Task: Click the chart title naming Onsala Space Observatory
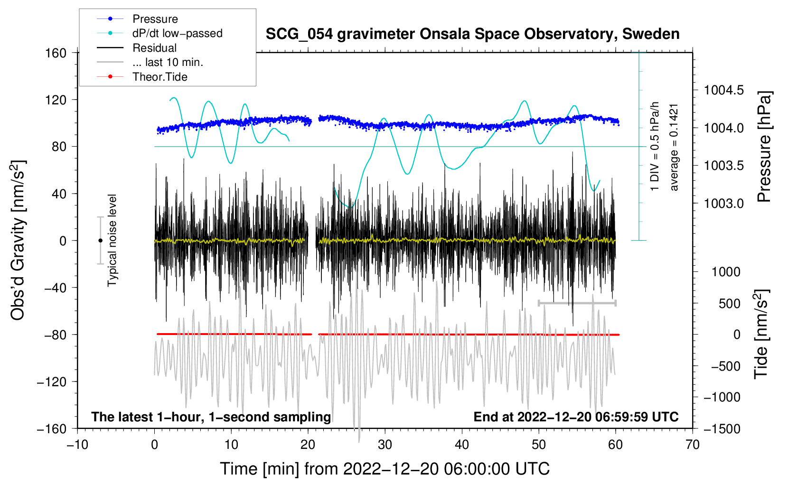472,34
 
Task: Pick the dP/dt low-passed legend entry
177,33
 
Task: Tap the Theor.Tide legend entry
159,77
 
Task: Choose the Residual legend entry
154,48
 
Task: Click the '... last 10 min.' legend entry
168,62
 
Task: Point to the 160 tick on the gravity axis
56,53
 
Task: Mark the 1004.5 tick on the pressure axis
723,90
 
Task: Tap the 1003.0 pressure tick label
723,204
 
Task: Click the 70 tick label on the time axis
693,445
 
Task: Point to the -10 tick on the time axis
77,445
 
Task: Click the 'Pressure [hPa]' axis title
764,147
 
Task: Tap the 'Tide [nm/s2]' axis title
761,334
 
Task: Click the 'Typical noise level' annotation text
112,241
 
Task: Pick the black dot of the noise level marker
100,241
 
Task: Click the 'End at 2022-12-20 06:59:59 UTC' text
576,417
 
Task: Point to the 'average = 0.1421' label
674,147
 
